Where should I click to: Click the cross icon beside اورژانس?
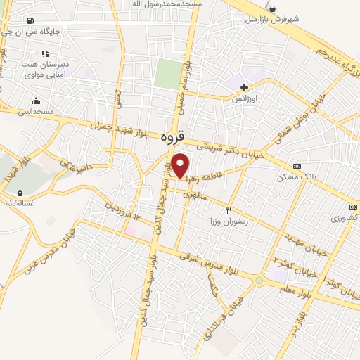coord(244,88)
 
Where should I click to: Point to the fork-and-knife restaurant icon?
coord(228,211)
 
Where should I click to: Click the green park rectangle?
coord(169,74)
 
